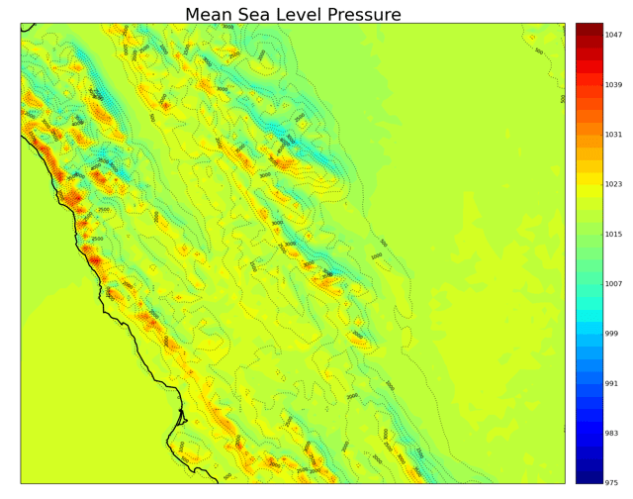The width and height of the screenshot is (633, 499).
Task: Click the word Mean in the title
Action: [x=216, y=15]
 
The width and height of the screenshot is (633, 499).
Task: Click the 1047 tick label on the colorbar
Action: [x=613, y=35]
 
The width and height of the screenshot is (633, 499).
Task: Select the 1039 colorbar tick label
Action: [x=613, y=85]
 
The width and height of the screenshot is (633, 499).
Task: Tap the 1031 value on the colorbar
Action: [x=613, y=135]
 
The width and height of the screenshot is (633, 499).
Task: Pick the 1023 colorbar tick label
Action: [x=613, y=184]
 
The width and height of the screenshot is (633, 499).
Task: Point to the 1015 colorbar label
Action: [x=613, y=235]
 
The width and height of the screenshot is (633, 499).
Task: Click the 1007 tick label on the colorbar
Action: [x=613, y=284]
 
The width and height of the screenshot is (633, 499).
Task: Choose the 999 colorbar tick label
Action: [x=611, y=334]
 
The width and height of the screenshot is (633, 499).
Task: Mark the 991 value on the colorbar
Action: [x=611, y=383]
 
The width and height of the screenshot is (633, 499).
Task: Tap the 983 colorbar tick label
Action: [x=611, y=434]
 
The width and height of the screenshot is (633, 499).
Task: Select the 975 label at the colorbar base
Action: [x=611, y=483]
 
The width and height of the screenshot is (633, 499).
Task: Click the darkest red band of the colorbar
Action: [x=589, y=29]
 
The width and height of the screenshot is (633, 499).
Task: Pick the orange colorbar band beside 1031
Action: [x=589, y=135]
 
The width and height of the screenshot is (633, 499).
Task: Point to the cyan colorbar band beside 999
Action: [x=589, y=334]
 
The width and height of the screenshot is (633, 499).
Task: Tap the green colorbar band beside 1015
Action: [x=589, y=235]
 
